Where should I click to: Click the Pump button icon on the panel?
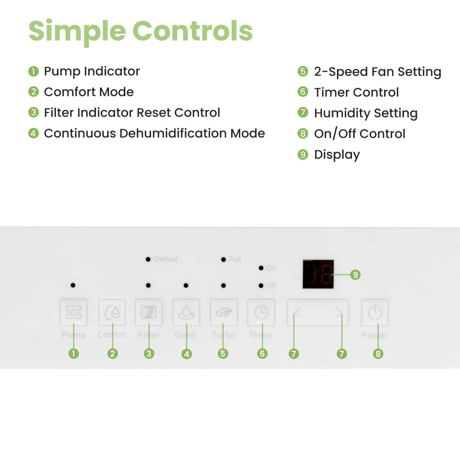click(74, 312)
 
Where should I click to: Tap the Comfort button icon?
click(112, 312)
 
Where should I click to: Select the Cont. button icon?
click(186, 312)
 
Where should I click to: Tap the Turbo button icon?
click(224, 312)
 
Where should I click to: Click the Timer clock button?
click(261, 312)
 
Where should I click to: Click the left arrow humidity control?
click(297, 313)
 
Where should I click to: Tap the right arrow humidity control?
click(339, 313)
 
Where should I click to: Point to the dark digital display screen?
click(318, 274)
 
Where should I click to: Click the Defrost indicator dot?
click(148, 259)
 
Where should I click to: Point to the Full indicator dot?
click(223, 260)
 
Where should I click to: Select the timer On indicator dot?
click(261, 268)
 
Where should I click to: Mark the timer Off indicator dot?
click(261, 286)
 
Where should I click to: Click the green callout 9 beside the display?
click(355, 275)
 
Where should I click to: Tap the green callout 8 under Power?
click(378, 354)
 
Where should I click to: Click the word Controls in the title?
click(192, 31)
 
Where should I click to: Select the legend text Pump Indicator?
click(92, 71)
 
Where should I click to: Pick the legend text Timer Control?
click(356, 92)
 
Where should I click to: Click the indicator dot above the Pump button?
click(73, 285)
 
